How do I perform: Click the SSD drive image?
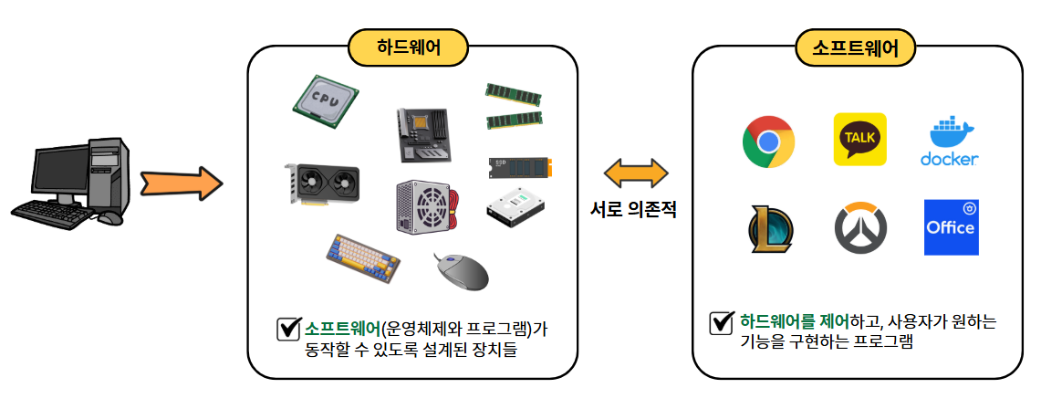pos(520,166)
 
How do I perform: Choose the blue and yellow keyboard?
pos(363,256)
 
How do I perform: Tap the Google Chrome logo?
pos(767,142)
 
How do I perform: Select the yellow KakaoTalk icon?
pos(859,140)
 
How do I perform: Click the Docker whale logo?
pos(950,142)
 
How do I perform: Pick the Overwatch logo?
pos(859,228)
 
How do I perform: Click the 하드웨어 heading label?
pos(408,47)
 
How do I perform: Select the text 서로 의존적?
pos(635,209)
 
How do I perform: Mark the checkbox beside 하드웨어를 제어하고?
pos(722,322)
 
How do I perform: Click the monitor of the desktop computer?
pos(59,169)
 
